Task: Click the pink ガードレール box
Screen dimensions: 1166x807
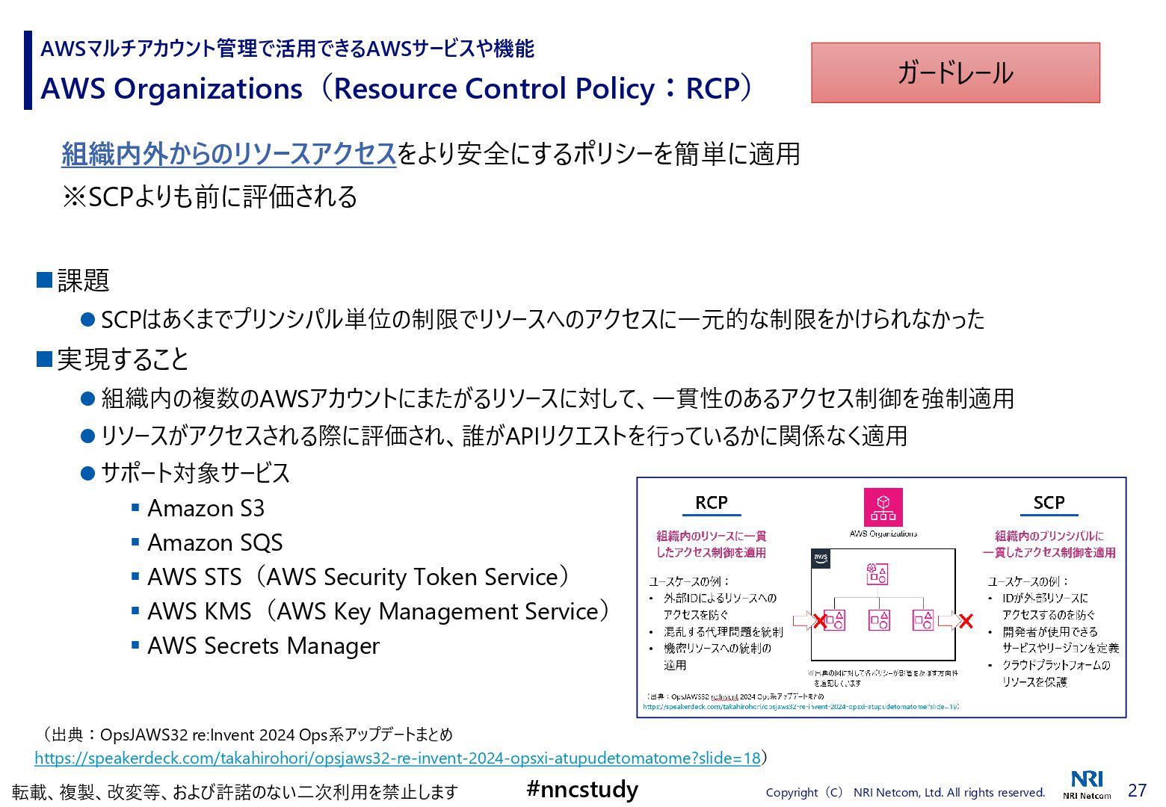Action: point(955,72)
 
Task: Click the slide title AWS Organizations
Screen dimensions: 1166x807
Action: point(171,89)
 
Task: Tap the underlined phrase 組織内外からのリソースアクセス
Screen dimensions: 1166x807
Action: point(228,154)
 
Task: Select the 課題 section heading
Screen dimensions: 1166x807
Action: point(83,280)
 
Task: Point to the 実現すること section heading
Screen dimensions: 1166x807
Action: point(123,359)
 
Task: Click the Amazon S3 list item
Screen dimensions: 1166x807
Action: point(206,508)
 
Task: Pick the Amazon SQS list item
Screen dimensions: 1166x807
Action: point(215,542)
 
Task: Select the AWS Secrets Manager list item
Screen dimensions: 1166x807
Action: point(263,646)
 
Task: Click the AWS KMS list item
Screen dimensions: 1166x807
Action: point(377,611)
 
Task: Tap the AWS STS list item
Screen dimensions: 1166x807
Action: point(357,577)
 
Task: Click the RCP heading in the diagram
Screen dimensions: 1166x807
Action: point(711,503)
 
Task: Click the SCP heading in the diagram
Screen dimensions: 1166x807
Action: point(1049,503)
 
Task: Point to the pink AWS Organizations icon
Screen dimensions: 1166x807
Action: point(883,507)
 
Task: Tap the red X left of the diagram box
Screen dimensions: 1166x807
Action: point(820,621)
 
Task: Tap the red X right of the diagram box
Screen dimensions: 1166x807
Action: point(966,620)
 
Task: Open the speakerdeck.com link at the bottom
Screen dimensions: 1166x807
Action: point(397,758)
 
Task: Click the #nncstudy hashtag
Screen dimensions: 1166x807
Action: point(582,789)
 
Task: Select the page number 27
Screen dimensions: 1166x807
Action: point(1137,790)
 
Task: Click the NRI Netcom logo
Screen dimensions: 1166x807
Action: point(1087,784)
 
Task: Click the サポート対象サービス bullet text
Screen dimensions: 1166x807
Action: point(195,473)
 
